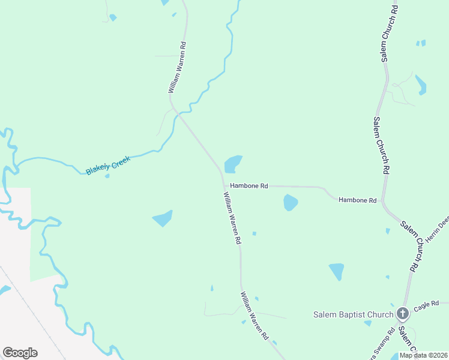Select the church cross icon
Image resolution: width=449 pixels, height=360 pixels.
(x=403, y=313)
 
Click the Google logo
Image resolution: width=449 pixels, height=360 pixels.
(x=20, y=352)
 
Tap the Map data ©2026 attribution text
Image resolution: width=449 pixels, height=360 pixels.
(x=423, y=355)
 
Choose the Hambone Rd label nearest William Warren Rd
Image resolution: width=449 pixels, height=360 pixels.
(x=249, y=186)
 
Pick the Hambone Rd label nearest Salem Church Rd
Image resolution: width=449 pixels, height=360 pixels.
(x=357, y=200)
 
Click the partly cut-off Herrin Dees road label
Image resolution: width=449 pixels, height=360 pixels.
(x=437, y=229)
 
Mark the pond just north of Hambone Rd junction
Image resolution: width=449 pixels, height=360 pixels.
(x=233, y=164)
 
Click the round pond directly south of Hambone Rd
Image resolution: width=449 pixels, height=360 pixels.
(x=291, y=203)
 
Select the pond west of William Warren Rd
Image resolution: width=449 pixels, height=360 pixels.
(x=163, y=218)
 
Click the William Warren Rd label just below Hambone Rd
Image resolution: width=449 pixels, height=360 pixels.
(x=232, y=217)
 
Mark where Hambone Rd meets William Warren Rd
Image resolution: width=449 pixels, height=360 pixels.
(x=223, y=185)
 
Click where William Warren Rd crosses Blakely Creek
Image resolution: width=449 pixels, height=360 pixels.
(x=175, y=111)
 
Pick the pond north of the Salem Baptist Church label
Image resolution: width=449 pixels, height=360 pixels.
(x=337, y=271)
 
